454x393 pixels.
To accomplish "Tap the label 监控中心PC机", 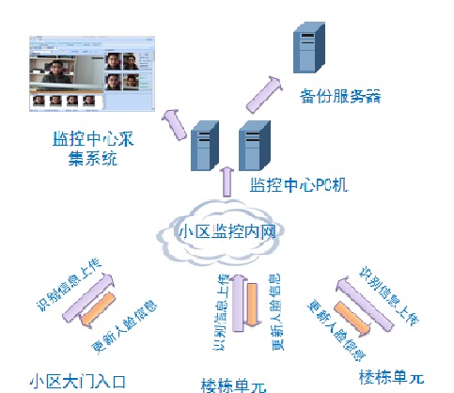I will tap(299, 184).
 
